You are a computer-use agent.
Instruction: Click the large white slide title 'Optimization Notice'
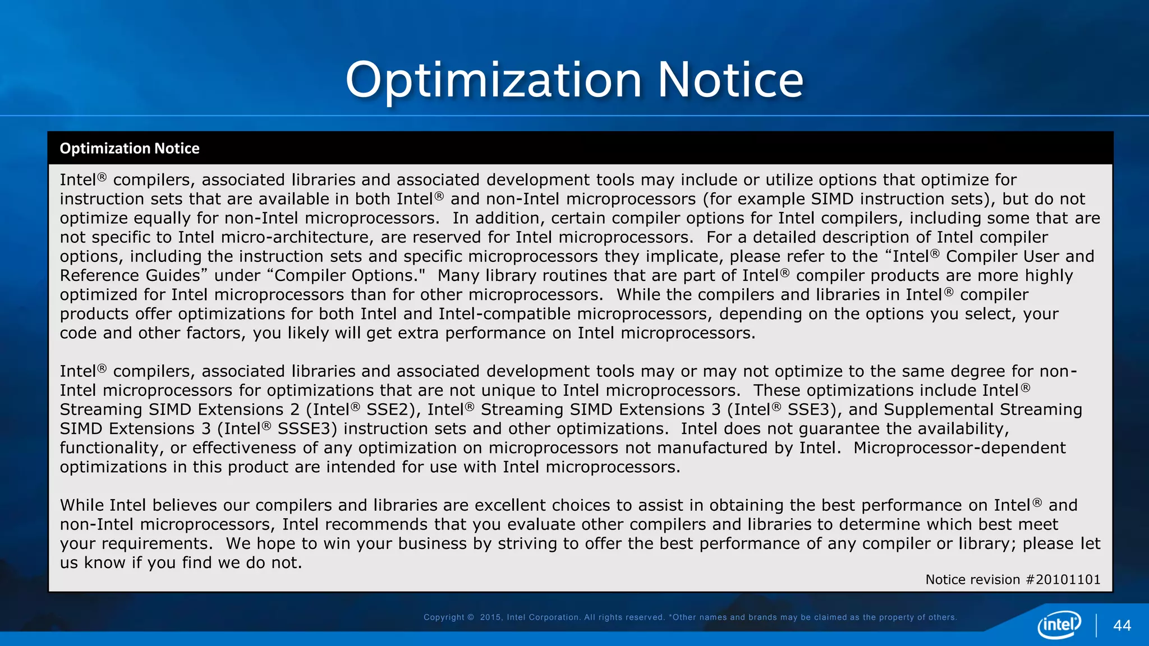(574, 80)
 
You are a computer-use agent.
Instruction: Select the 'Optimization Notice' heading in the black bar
(130, 149)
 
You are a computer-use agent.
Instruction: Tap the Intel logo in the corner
(1059, 625)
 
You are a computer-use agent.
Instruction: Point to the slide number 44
(1122, 626)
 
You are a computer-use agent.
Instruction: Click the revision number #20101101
(1063, 580)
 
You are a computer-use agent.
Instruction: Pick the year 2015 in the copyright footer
(490, 617)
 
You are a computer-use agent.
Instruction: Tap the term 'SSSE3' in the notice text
(307, 429)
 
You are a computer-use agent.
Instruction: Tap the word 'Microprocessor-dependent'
(959, 448)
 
